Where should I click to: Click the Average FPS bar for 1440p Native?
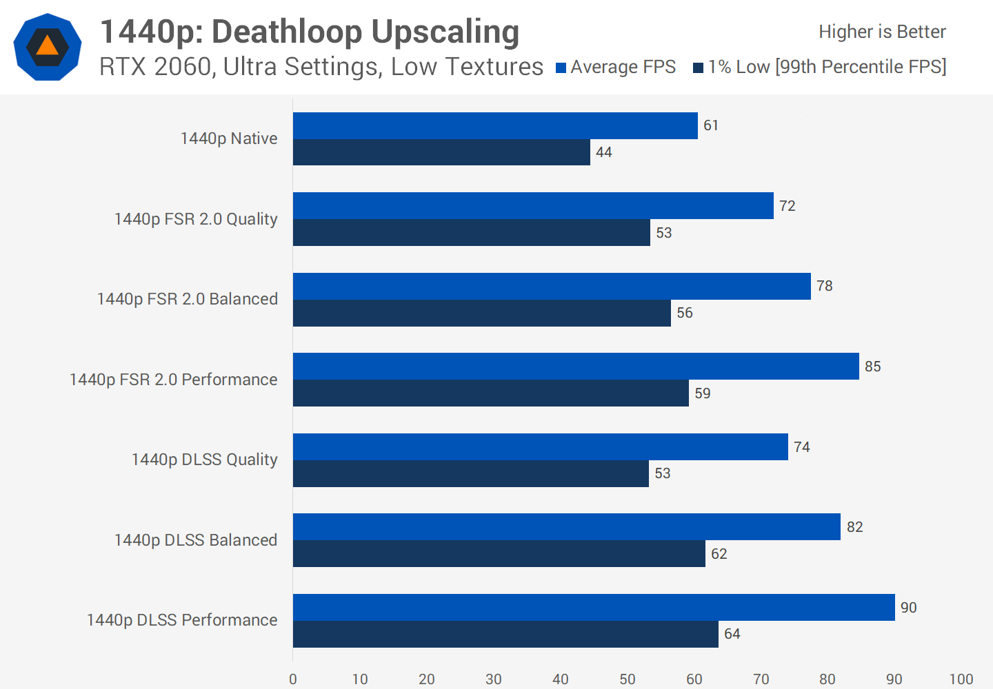click(495, 125)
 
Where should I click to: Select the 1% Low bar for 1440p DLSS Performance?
click(505, 634)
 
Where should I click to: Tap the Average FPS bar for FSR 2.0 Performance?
click(576, 366)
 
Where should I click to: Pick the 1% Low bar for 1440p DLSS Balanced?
click(499, 553)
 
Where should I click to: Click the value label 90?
click(908, 608)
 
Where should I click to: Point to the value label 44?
click(603, 152)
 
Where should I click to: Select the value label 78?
click(824, 286)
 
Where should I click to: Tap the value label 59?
click(702, 393)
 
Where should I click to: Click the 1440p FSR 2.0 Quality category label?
click(196, 219)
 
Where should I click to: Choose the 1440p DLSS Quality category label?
click(204, 460)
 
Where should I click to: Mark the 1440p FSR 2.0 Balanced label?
click(188, 299)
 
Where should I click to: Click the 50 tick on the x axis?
click(627, 679)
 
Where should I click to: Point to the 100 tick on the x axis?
click(961, 679)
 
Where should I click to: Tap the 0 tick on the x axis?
click(293, 679)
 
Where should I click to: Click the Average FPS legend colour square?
click(561, 68)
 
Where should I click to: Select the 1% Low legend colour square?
click(698, 68)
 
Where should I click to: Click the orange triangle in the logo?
click(47, 46)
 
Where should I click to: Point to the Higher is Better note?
click(882, 32)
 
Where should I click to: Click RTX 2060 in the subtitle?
click(154, 67)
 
